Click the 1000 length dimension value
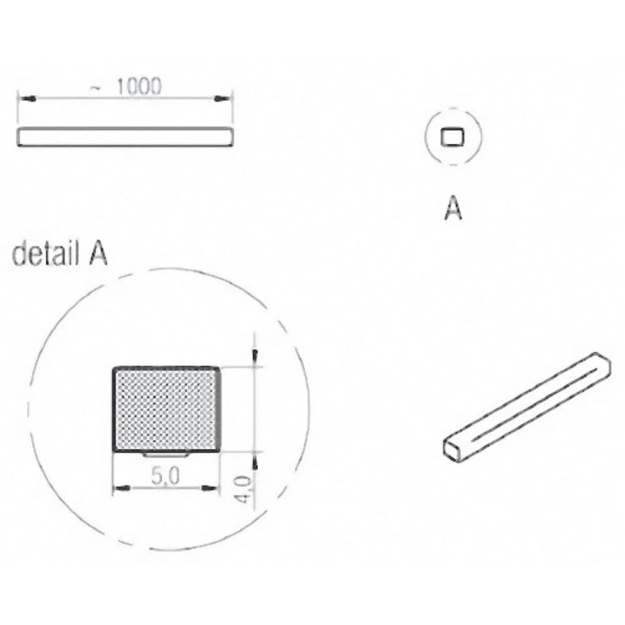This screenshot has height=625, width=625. point(138,87)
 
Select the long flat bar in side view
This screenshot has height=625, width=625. point(125,137)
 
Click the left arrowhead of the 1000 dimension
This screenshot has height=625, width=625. point(25,99)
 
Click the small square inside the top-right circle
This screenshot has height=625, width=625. point(452,137)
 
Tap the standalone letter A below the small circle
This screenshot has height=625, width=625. point(452,209)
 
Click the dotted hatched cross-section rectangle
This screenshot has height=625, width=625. point(166,409)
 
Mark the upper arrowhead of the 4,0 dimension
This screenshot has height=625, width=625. point(254,356)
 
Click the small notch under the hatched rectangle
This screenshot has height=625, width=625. point(166,454)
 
